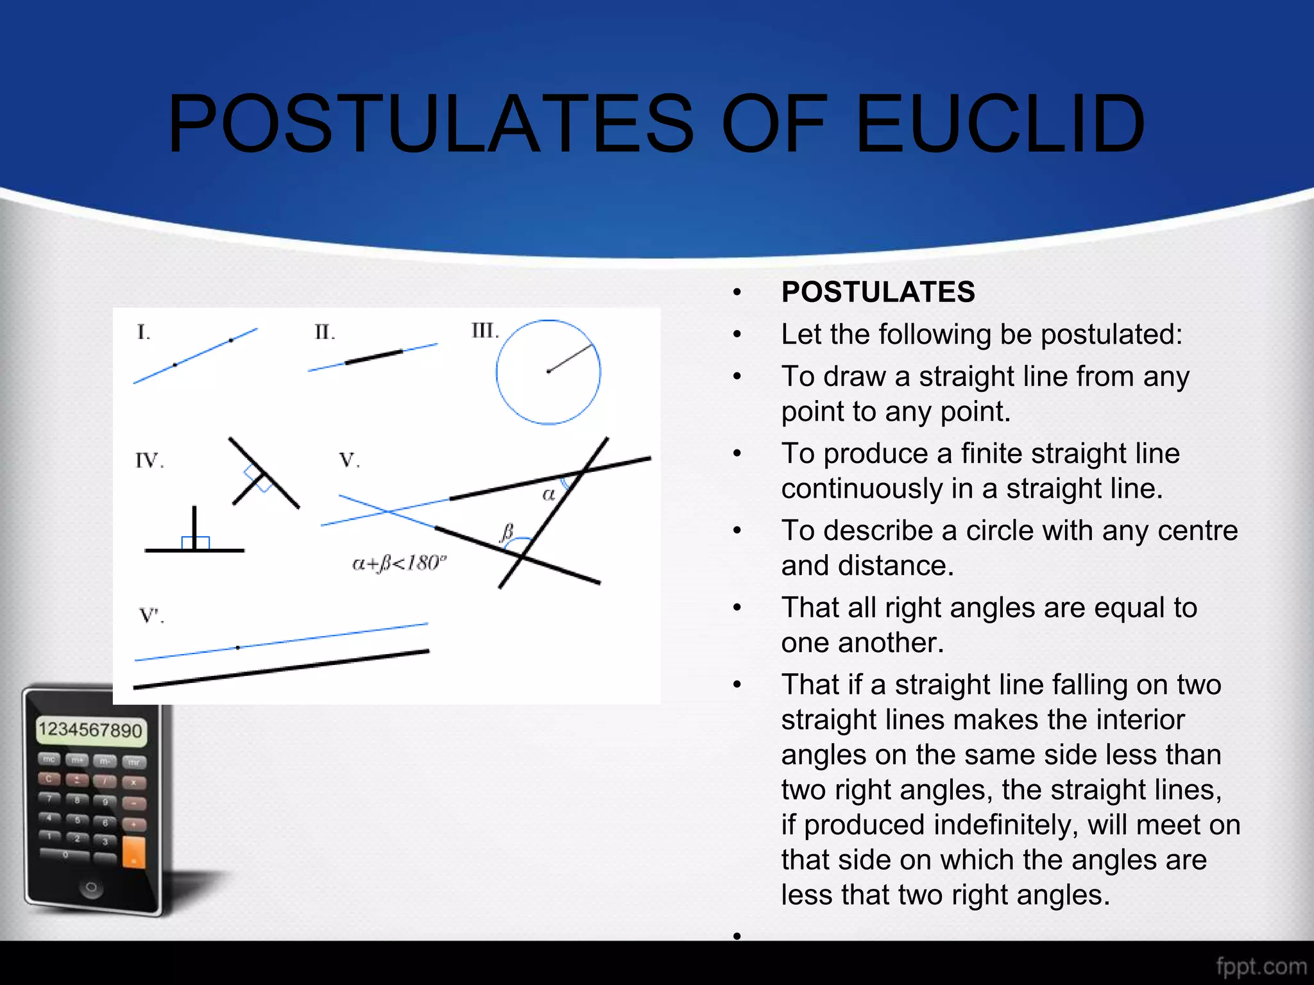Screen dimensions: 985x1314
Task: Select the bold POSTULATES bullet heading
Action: (x=878, y=292)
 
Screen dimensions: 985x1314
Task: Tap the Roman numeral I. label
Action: (x=143, y=332)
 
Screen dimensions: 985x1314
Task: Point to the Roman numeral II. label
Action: (x=324, y=332)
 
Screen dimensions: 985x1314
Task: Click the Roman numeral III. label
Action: (x=484, y=331)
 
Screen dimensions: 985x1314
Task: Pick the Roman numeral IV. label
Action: (x=149, y=460)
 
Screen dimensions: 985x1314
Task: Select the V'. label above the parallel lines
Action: (x=151, y=616)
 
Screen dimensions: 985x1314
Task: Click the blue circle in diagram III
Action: (x=497, y=372)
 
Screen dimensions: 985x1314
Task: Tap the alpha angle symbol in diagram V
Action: (x=549, y=494)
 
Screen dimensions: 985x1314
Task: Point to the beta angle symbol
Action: (x=507, y=531)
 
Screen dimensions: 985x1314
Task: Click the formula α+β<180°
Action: (x=399, y=564)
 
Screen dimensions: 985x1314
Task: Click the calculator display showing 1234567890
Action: (x=90, y=730)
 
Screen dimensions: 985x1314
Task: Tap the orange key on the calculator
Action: (x=133, y=852)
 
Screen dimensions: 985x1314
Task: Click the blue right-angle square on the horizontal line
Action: (x=196, y=543)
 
